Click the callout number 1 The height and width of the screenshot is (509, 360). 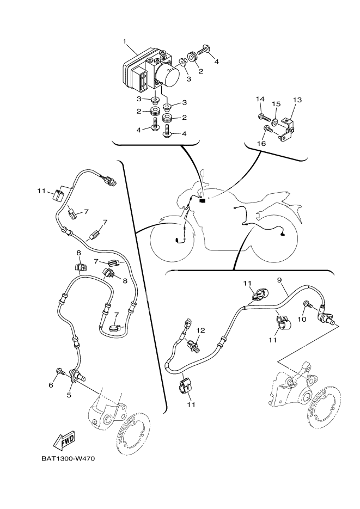[x=125, y=41]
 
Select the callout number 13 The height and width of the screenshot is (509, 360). [x=297, y=100]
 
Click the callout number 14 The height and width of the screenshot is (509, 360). [x=260, y=99]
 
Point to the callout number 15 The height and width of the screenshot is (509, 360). [x=276, y=103]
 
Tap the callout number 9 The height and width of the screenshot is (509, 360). [x=279, y=280]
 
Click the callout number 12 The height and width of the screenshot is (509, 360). [x=200, y=330]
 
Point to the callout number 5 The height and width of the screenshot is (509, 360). [x=69, y=395]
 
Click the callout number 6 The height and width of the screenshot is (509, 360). [x=51, y=385]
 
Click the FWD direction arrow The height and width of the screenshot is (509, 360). [x=64, y=439]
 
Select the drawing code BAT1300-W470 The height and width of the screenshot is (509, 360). [x=68, y=458]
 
